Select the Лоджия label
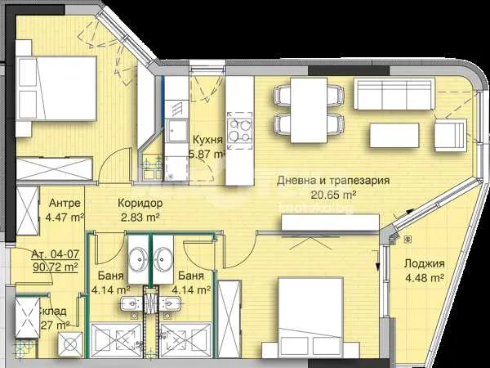[x=425, y=263]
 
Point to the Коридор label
[x=140, y=203]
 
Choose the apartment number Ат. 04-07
[x=56, y=254]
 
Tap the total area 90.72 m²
[x=56, y=267]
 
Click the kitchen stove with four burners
[x=239, y=131]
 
